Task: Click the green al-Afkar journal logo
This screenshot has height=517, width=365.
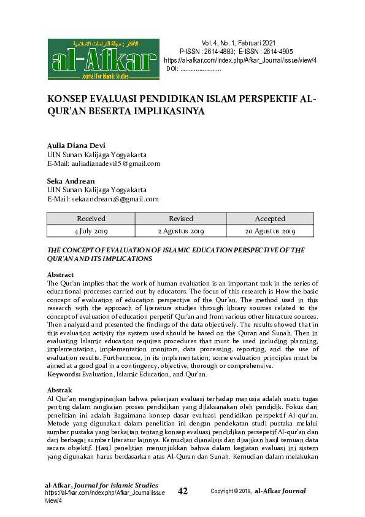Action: pos(103,60)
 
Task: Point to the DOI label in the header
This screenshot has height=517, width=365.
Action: pos(172,69)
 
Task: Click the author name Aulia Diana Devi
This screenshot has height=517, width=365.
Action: pos(76,146)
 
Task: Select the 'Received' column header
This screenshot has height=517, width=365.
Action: pos(91,219)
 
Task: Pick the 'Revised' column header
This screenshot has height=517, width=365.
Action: pos(180,219)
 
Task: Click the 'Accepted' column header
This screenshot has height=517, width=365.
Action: pos(270,219)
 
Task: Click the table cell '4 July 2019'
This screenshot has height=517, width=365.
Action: pos(91,231)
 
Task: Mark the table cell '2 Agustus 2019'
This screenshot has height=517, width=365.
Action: pos(180,231)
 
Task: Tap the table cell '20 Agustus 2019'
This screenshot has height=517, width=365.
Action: pos(270,231)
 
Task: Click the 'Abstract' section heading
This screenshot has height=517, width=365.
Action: pos(61,274)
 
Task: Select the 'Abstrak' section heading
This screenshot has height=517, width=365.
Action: pos(60,390)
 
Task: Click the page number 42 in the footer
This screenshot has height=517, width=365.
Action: pos(183,491)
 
